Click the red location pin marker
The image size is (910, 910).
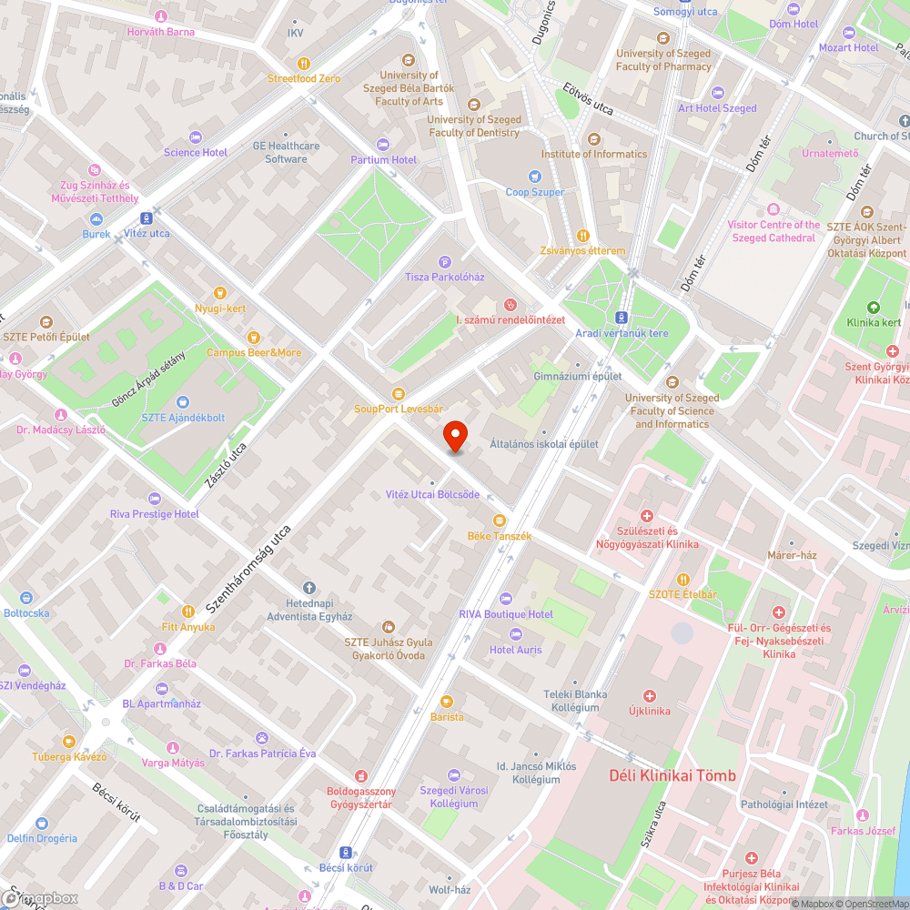pos(455,438)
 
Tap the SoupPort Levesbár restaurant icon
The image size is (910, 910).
pos(398,393)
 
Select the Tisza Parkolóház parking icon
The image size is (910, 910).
pos(445,261)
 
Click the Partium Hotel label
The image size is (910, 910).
pos(383,160)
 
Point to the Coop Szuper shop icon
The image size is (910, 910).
pos(535,177)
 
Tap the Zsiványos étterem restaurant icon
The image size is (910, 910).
pos(583,235)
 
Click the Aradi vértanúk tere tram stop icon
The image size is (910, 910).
pos(621,318)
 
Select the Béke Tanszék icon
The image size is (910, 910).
pos(499,521)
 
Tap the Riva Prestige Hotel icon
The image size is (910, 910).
pos(154,499)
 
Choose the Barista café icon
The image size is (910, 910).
pos(447,702)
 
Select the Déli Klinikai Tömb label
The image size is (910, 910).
pos(672,775)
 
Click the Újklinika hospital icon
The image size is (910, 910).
pos(649,695)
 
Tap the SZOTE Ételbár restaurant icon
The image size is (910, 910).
pos(682,579)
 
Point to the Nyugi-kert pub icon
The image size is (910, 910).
pos(219,293)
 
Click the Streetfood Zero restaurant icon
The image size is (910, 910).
pos(303,64)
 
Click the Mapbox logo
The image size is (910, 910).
pos(40,898)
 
